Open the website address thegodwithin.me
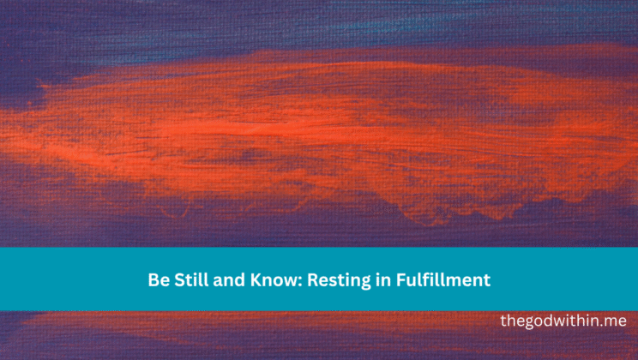pos(563,321)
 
